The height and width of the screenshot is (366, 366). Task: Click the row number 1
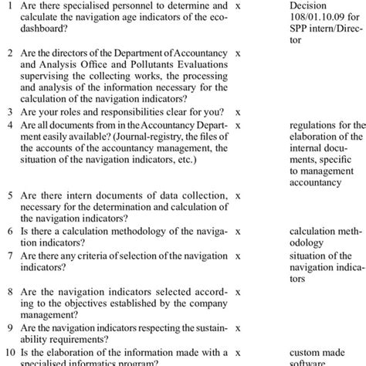[9, 5]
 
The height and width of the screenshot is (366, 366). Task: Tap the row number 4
[9, 124]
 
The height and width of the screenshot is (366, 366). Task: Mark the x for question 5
[239, 196]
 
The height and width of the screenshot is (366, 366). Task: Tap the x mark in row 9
[239, 327]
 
